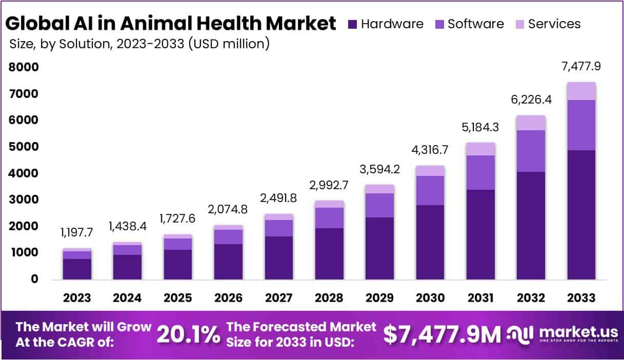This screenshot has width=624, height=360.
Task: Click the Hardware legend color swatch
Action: click(x=352, y=24)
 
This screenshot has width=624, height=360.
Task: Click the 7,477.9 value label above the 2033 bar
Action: click(x=581, y=66)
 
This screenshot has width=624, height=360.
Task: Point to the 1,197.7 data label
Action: click(x=77, y=232)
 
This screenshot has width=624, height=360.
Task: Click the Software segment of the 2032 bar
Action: click(x=531, y=151)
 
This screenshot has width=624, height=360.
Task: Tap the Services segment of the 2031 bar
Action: click(x=480, y=149)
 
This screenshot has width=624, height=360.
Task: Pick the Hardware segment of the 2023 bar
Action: click(x=77, y=269)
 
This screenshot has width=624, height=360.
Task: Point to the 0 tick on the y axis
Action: click(x=34, y=279)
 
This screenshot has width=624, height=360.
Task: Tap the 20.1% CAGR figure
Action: click(x=188, y=334)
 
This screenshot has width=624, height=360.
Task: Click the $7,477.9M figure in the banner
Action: click(x=441, y=334)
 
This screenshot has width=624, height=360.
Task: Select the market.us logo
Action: click(x=562, y=334)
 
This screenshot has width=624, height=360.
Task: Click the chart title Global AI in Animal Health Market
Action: click(x=171, y=23)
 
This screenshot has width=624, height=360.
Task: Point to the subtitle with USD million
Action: click(x=139, y=44)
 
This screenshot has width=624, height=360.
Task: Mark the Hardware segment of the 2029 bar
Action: click(x=379, y=248)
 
